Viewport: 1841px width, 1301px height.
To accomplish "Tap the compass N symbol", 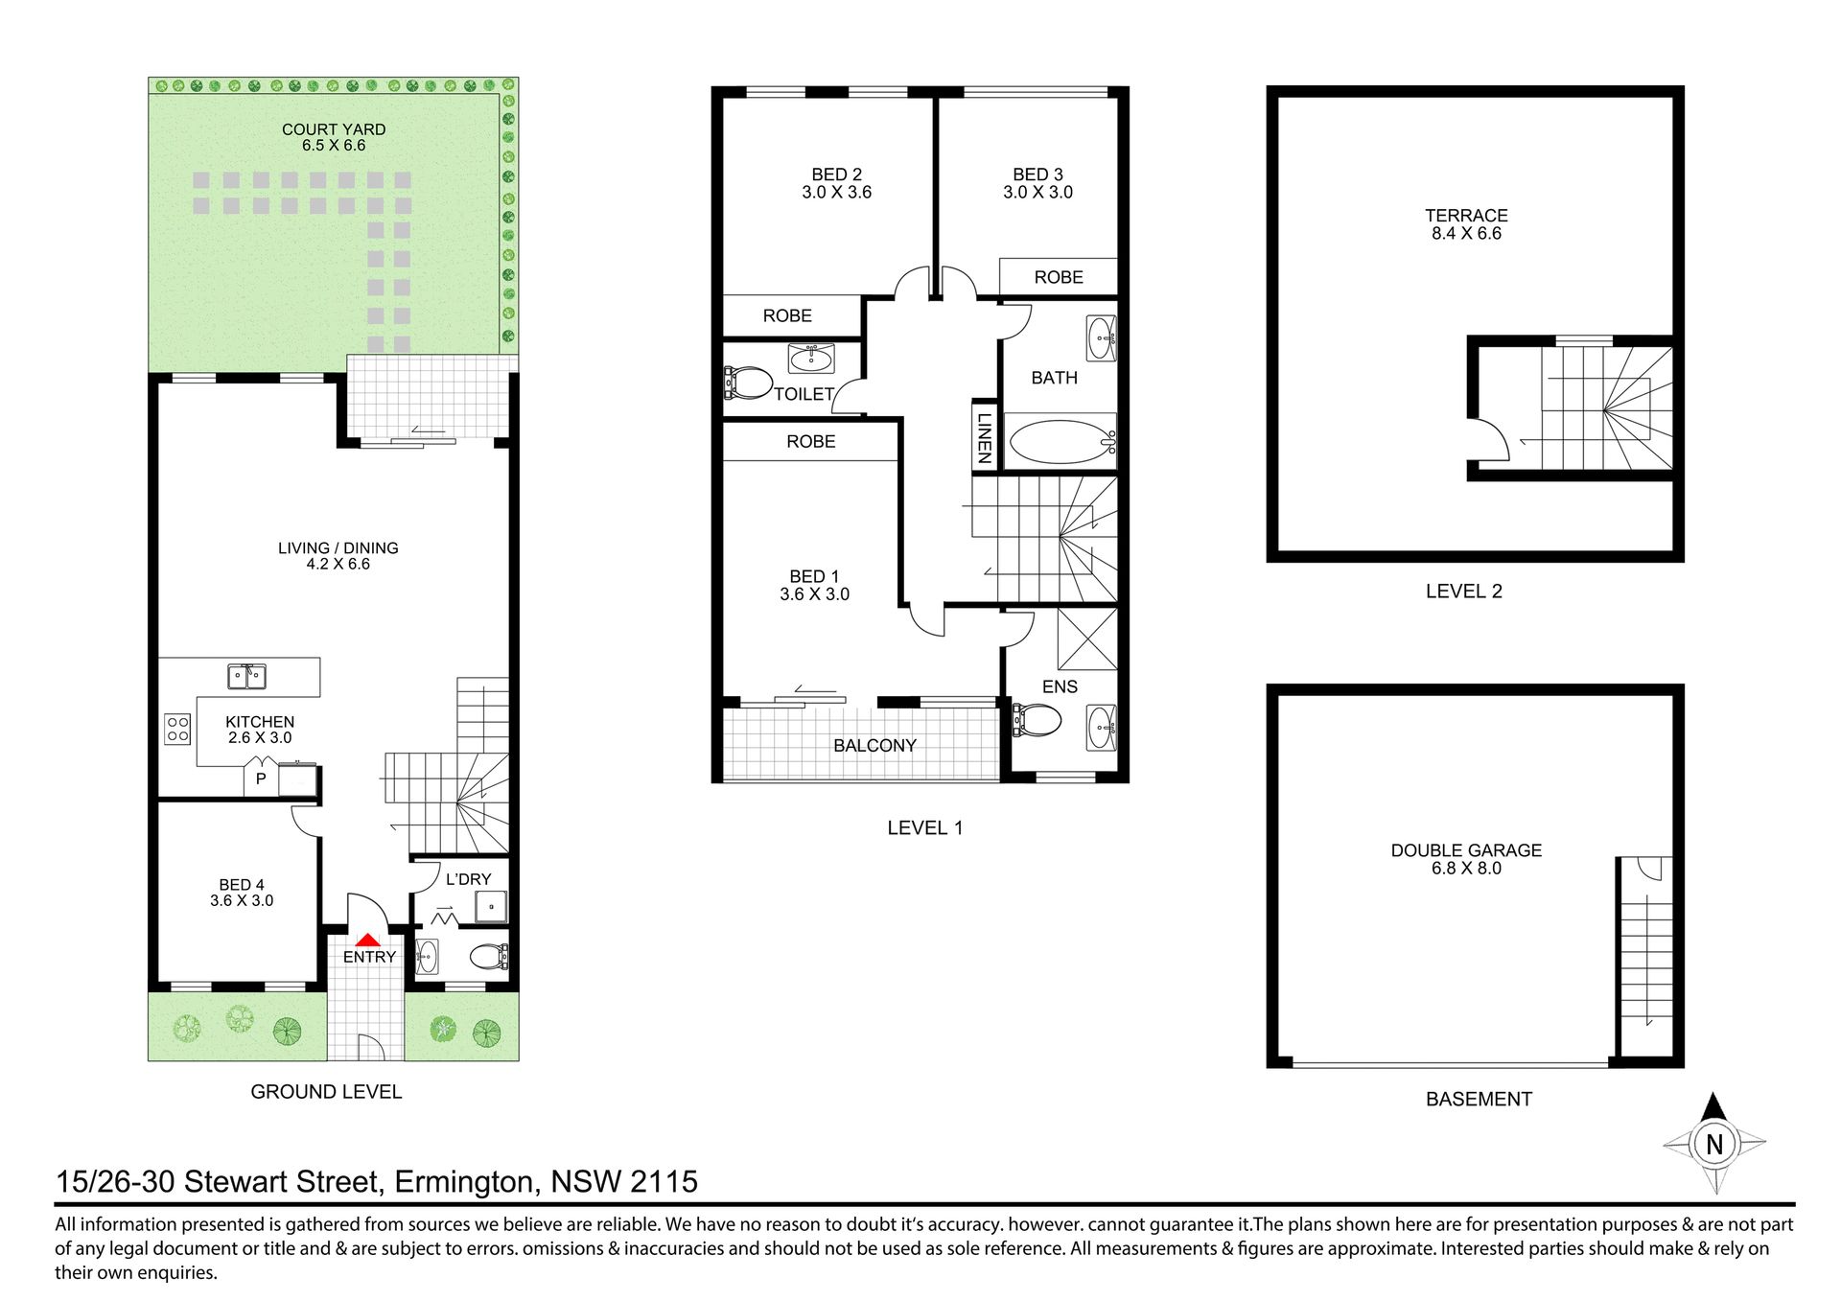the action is tap(1714, 1144).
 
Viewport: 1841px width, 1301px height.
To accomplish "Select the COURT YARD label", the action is tap(334, 129).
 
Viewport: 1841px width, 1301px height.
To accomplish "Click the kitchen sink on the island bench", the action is tap(247, 676).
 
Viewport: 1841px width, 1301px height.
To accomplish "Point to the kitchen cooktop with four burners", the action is tap(177, 729).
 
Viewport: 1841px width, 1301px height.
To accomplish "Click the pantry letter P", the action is tap(260, 779).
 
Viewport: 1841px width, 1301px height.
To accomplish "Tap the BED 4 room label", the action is tap(242, 885).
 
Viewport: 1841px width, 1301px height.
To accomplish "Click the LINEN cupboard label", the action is tap(983, 438).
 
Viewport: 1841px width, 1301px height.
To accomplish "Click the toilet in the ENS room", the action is tap(1037, 719).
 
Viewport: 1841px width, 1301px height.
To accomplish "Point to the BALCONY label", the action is tap(874, 745).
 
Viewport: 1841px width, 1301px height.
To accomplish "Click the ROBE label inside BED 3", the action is tap(1059, 277).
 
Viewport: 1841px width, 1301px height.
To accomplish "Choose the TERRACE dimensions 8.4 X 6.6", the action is tap(1466, 233).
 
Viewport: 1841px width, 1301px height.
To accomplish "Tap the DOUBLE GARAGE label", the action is tap(1466, 850).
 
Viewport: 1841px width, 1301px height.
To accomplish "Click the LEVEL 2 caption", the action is tap(1464, 592).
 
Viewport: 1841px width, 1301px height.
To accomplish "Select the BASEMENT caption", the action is tap(1479, 1100).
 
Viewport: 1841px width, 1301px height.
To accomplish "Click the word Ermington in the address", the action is tap(464, 1182).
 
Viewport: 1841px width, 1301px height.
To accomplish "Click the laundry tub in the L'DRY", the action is tap(493, 906).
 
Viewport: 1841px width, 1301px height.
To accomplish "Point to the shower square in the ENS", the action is tap(1087, 639).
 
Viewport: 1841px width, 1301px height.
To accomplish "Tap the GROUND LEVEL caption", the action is tap(326, 1092).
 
